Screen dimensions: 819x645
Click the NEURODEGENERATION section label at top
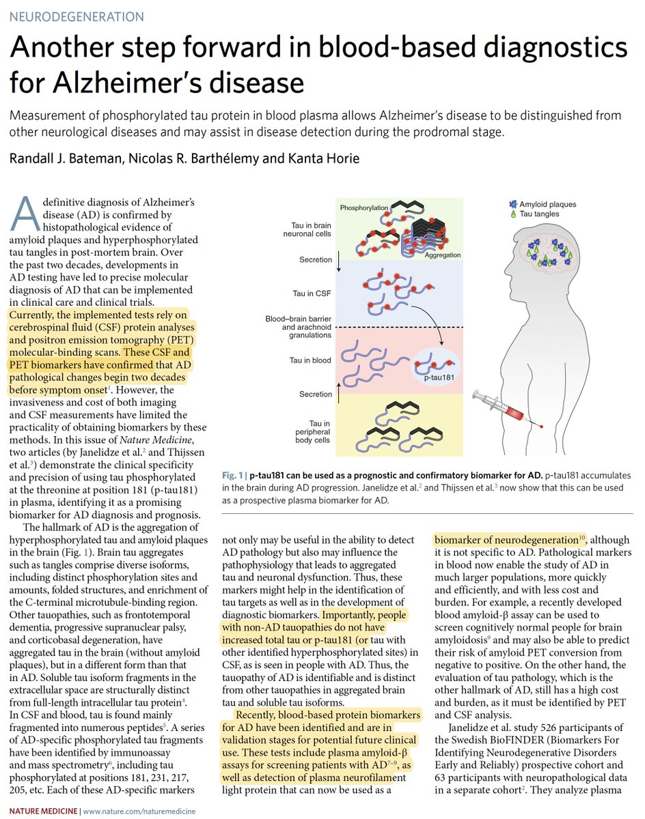pos(77,16)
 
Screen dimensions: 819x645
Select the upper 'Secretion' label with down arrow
pos(315,260)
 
